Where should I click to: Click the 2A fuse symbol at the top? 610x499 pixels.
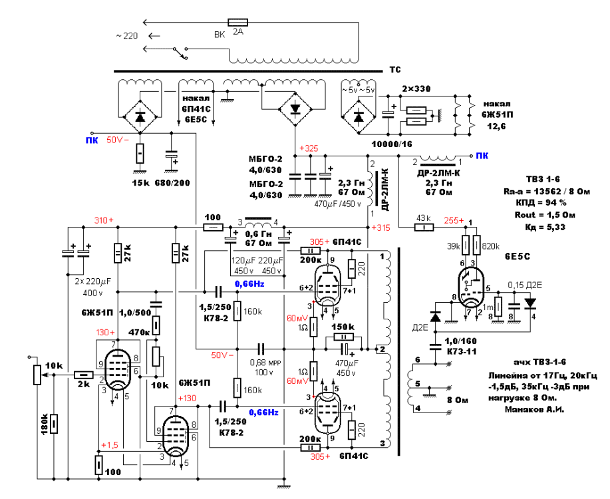click(237, 22)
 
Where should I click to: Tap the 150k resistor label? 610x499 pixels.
click(343, 327)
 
